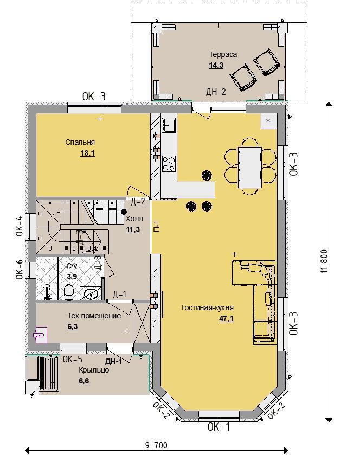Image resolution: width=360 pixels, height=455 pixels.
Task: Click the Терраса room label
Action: (x=223, y=54)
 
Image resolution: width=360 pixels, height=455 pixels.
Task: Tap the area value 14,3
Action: (x=216, y=65)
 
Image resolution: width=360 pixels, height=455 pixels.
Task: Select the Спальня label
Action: (x=80, y=142)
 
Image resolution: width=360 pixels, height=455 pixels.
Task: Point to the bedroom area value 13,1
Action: (x=88, y=153)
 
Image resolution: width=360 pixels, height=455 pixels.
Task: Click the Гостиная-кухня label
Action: (x=208, y=307)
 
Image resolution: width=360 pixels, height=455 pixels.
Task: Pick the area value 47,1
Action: (x=226, y=318)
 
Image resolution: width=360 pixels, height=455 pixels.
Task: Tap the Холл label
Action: (x=134, y=219)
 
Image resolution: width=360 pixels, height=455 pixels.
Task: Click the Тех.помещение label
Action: (x=94, y=316)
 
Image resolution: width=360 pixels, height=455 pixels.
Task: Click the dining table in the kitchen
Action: (x=250, y=168)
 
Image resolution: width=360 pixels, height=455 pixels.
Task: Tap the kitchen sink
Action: (x=169, y=125)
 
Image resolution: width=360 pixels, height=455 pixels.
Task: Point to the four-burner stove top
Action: (x=169, y=164)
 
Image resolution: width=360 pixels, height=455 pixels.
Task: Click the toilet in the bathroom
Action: (x=68, y=292)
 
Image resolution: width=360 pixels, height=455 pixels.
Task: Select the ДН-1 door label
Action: (x=114, y=361)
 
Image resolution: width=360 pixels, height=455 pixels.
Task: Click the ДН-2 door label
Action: (x=216, y=92)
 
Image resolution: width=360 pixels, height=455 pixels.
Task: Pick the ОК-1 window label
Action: (x=218, y=427)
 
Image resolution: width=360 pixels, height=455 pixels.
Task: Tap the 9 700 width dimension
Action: (x=156, y=445)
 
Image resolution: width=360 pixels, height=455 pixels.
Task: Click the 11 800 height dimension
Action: (x=324, y=261)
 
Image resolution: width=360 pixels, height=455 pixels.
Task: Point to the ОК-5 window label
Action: (x=73, y=359)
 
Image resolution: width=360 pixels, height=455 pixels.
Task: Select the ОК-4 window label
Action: (x=20, y=226)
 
